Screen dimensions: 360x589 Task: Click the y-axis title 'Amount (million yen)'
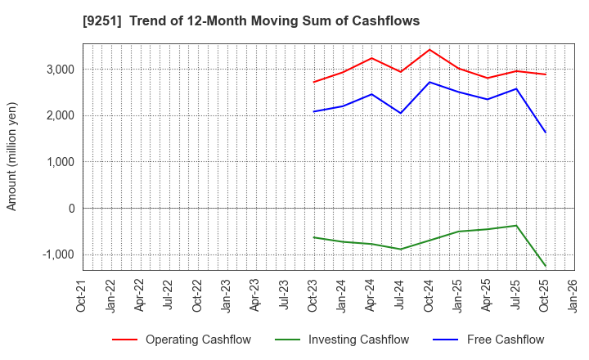point(12,156)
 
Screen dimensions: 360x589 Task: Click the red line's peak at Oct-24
point(429,50)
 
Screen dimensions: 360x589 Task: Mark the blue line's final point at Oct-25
point(546,133)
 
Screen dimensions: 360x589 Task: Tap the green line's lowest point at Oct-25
point(546,266)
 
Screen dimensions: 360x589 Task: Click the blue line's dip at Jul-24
point(401,113)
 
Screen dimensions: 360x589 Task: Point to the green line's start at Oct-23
point(313,237)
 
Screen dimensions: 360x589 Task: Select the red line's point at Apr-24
point(371,58)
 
